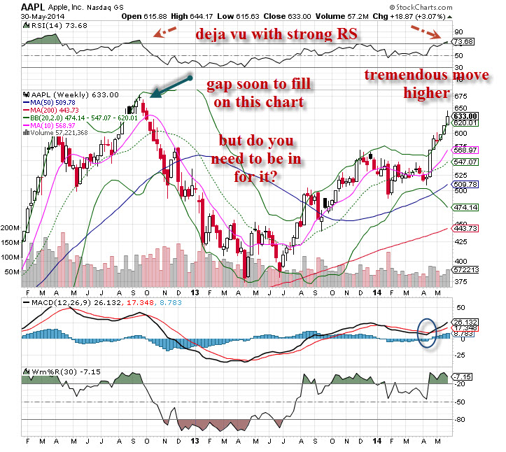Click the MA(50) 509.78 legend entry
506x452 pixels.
[x=53, y=104]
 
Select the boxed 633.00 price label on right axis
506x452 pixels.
[x=465, y=116]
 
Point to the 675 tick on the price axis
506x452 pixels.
[x=461, y=96]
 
